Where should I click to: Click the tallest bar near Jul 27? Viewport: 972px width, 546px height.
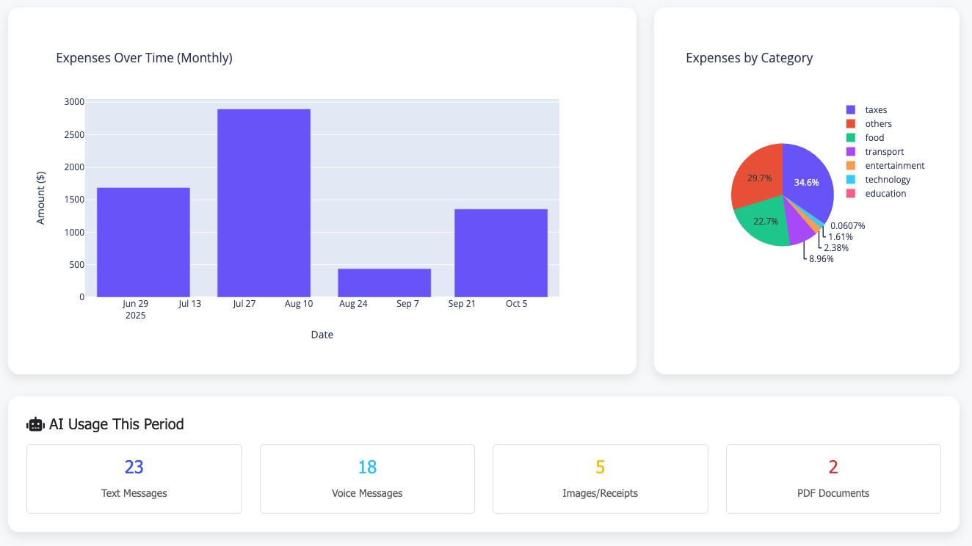264,203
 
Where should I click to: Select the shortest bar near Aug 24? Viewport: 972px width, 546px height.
384,283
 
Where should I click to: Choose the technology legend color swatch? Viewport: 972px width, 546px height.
851,180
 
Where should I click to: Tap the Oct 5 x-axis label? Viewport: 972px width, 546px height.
516,304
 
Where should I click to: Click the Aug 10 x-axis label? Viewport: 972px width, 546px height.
299,304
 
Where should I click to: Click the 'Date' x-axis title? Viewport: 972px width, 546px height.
322,335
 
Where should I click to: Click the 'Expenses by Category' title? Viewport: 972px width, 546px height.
749,58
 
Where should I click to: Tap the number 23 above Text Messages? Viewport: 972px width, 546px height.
134,467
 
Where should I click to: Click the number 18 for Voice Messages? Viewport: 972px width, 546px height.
367,467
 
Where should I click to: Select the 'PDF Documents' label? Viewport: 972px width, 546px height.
833,493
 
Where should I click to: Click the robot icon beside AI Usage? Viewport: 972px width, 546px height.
35,424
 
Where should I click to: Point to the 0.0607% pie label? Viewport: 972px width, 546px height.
847,226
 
